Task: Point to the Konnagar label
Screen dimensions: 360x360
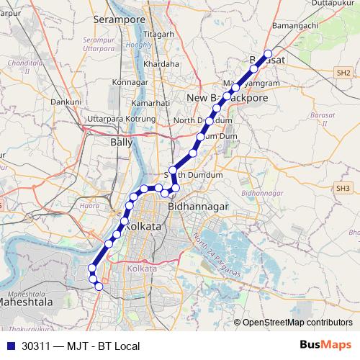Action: (130, 83)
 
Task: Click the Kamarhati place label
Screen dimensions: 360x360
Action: (150, 103)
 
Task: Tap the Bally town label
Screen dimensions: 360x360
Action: (121, 143)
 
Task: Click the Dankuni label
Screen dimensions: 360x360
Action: (66, 102)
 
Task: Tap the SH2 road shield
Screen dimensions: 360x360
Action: (343, 73)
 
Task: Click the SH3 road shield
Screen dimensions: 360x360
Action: (342, 188)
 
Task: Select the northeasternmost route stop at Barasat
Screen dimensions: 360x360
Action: (268, 54)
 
